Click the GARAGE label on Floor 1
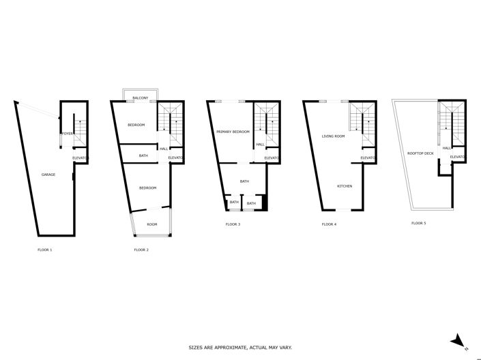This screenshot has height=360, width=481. point(48,175)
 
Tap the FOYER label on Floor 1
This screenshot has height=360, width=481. point(68,134)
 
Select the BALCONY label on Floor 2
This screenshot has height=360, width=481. point(141,98)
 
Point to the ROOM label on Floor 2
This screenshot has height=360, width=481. point(151,224)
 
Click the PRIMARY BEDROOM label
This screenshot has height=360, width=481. point(233,132)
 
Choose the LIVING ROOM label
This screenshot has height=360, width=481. point(333,136)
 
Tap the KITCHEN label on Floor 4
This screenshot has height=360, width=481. point(344,186)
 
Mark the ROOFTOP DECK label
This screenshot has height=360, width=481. point(420,153)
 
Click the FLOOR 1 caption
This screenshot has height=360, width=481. point(45,250)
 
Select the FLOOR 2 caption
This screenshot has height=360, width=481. point(141,250)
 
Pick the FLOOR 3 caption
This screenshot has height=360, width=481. point(233,224)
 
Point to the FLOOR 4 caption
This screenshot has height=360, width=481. point(330,224)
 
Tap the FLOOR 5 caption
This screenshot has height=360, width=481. point(418,223)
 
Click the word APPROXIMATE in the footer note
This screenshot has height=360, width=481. point(229,348)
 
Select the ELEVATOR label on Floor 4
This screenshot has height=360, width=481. point(368,158)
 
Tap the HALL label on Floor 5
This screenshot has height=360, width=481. point(446,148)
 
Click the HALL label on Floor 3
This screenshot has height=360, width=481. point(260,145)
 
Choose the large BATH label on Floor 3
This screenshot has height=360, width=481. point(244,181)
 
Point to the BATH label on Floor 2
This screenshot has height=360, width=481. point(143,155)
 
